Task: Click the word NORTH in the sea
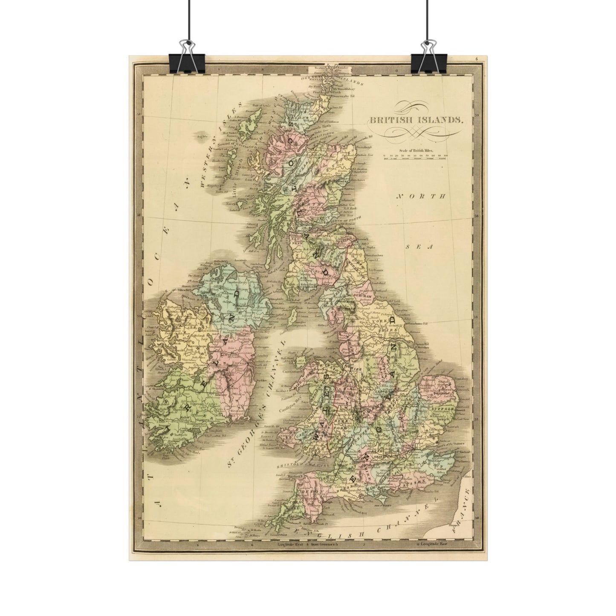pyautogui.click(x=421, y=197)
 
